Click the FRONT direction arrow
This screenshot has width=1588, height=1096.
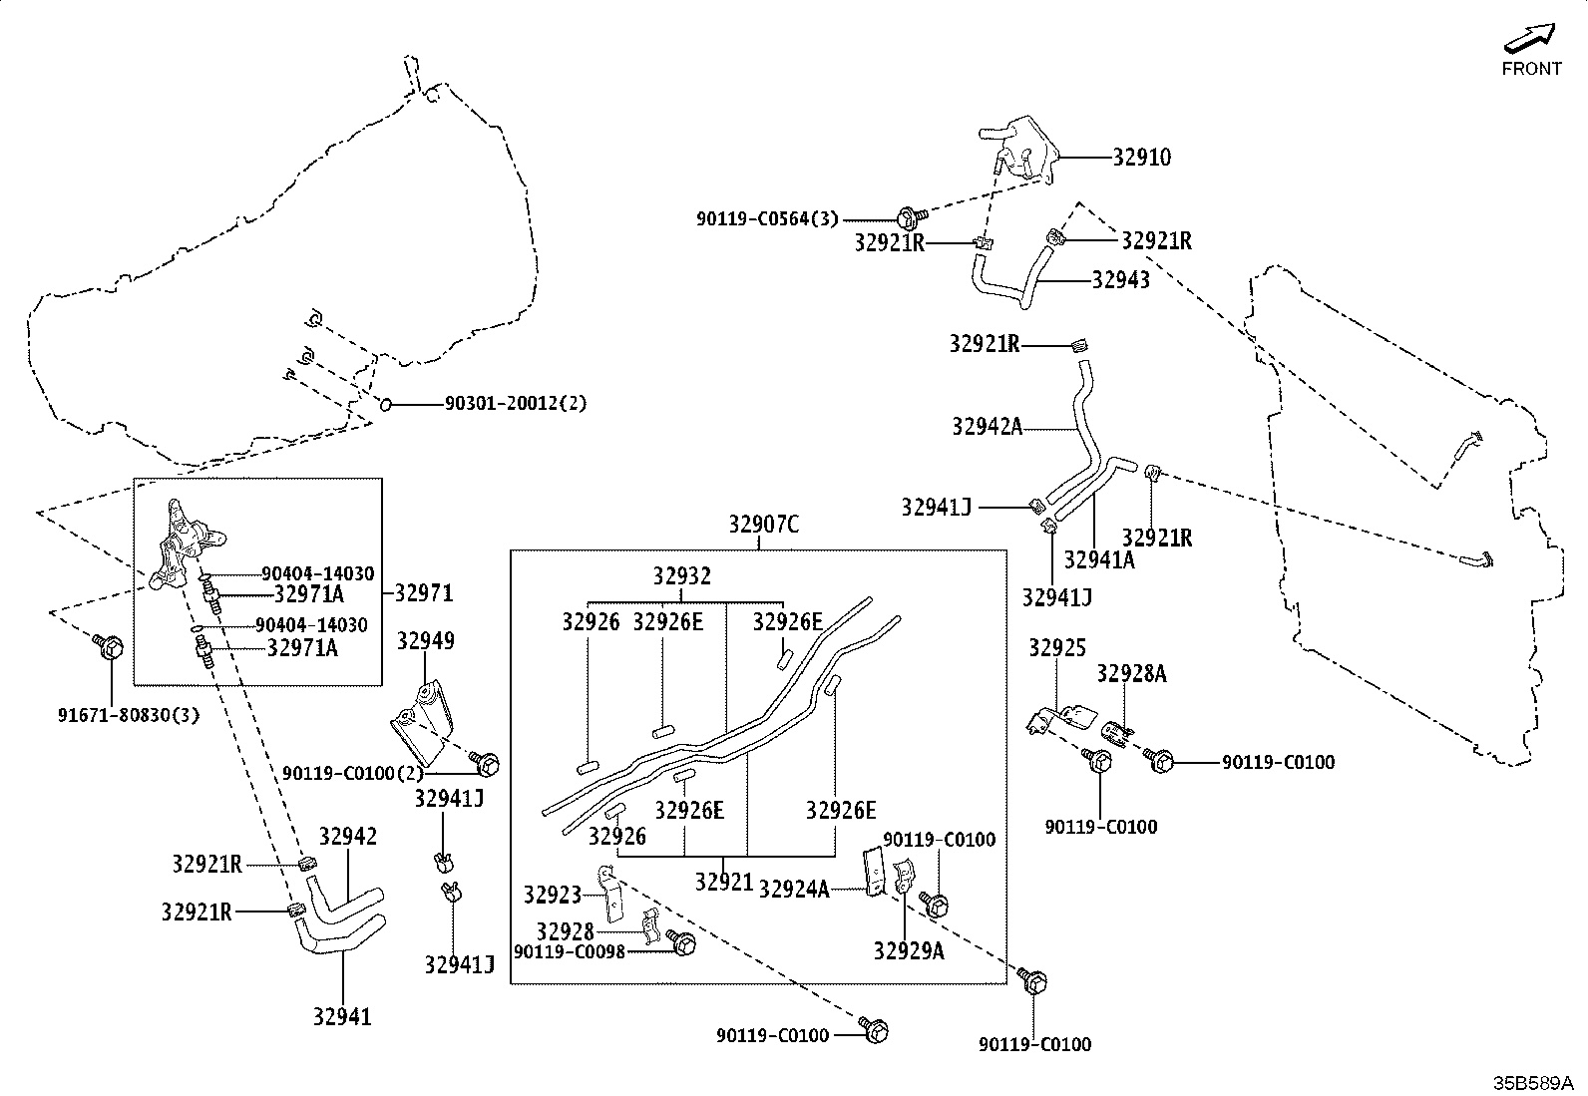tap(1529, 38)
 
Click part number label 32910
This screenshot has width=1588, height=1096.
tap(1141, 158)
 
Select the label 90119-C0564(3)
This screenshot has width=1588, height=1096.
tap(767, 219)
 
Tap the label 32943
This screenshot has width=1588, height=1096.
tap(1121, 280)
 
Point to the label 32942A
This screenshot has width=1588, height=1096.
tap(987, 427)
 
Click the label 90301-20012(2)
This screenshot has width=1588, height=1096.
tap(516, 403)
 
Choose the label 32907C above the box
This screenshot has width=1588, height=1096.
tap(764, 525)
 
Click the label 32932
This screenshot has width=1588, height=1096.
tap(682, 576)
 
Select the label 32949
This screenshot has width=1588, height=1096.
tap(425, 641)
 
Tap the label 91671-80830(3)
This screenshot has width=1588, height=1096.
tap(129, 715)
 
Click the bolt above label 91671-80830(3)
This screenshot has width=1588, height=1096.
tap(109, 644)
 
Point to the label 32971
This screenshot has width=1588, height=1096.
tap(423, 592)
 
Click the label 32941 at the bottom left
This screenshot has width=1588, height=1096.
tap(342, 1016)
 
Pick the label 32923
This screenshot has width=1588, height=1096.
tap(553, 896)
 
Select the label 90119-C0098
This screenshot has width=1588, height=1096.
tap(570, 951)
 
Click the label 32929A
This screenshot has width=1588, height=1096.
tap(909, 950)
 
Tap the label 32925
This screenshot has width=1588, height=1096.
tap(1057, 648)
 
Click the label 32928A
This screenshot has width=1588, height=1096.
tap(1131, 673)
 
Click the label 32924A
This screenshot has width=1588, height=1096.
tap(794, 889)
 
